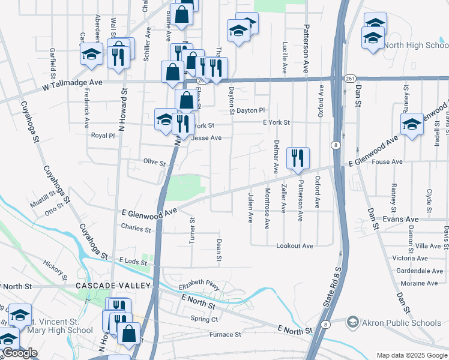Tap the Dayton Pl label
pos(250,110)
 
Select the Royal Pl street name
pos(103,136)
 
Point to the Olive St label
pos(154,162)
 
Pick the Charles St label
pos(136,229)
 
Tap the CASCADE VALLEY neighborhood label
pos(108,286)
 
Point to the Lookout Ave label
pos(295,246)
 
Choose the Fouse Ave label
pos(387,161)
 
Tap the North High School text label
pos(416,46)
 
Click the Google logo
pos(20,353)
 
